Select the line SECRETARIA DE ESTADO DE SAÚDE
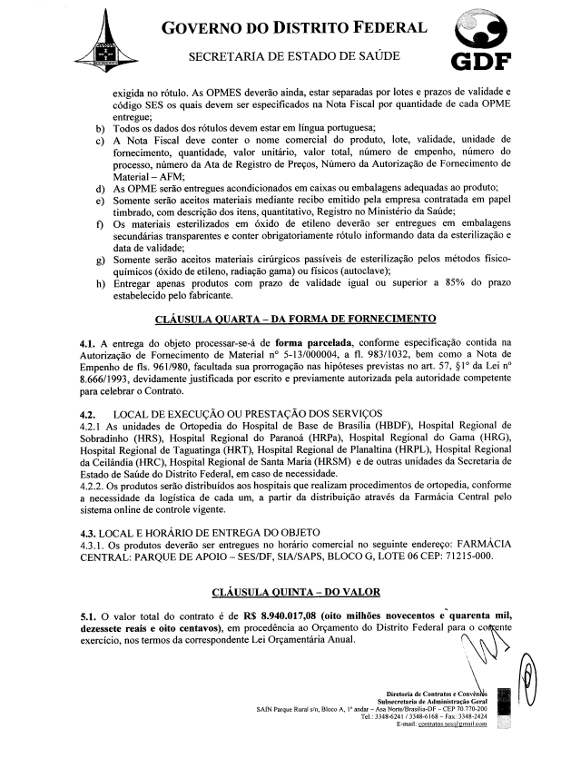click(x=296, y=56)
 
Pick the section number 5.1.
click(x=88, y=616)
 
